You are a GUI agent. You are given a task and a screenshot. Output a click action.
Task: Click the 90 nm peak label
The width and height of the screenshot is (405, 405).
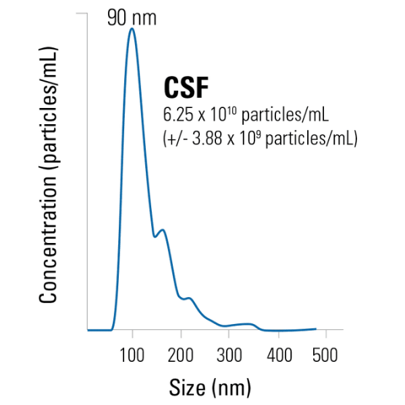(132, 18)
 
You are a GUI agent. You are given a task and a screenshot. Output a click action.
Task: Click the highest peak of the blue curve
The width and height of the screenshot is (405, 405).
(132, 29)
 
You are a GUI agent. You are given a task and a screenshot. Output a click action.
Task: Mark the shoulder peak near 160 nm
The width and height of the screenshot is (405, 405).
(163, 231)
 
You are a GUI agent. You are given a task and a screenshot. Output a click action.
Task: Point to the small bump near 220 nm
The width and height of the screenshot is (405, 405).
(190, 298)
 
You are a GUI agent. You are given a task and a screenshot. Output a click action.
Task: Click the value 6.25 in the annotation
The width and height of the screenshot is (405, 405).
(177, 113)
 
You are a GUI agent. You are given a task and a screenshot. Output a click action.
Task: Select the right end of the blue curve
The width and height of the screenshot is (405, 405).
(316, 329)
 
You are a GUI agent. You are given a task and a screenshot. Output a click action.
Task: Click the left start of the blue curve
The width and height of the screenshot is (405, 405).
(88, 330)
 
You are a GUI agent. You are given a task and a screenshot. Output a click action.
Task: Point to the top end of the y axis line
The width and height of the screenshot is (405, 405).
(87, 13)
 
